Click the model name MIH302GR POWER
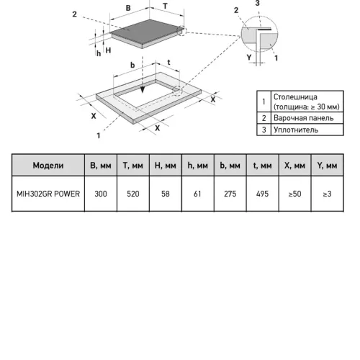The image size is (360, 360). coord(48,194)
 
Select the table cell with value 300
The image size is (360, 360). coord(101,194)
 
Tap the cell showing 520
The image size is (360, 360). coord(133,194)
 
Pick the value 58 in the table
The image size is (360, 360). coord(166,194)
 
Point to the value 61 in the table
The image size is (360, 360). coord(197,194)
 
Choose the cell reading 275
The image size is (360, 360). coord(230,194)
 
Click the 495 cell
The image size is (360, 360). coord(262,194)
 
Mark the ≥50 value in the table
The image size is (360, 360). coord(294,194)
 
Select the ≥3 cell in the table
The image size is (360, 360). coord(327,194)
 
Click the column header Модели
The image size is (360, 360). coord(48,166)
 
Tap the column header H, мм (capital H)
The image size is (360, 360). coord(166,166)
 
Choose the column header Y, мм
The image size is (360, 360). coord(327,166)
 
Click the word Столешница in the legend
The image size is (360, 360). coord(295,97)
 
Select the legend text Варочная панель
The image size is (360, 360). coord(304,118)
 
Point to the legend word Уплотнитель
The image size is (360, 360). coord(296,130)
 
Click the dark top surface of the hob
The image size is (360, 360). coord(146,32)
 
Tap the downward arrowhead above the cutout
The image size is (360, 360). coord(143,90)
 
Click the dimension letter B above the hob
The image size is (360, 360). coord(128,8)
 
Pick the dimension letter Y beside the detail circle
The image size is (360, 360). coord(249,57)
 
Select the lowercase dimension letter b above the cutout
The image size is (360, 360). coord(132,65)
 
